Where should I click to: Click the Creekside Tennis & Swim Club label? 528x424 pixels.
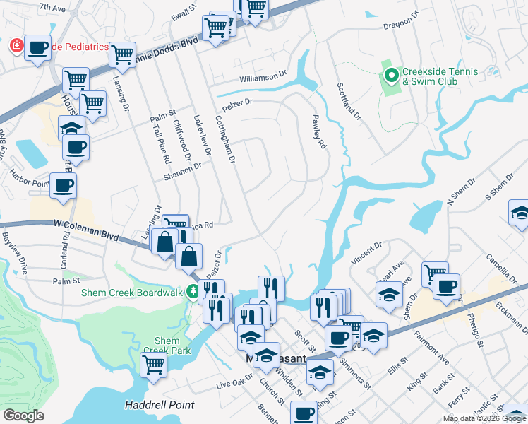coord(440,76)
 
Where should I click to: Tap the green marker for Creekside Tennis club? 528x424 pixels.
coord(391,73)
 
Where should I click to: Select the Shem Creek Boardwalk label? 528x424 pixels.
coord(133,292)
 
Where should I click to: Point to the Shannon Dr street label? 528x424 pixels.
coord(182,172)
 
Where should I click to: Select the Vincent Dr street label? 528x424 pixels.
coord(367,251)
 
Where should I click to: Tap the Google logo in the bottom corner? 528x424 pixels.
coord(23,415)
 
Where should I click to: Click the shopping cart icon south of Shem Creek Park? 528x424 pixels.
coord(153,365)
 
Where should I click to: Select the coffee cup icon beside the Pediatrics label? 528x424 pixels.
coord(38,48)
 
